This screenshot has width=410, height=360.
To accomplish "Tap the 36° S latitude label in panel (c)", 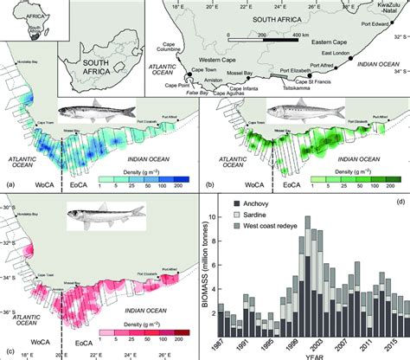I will (9, 314).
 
